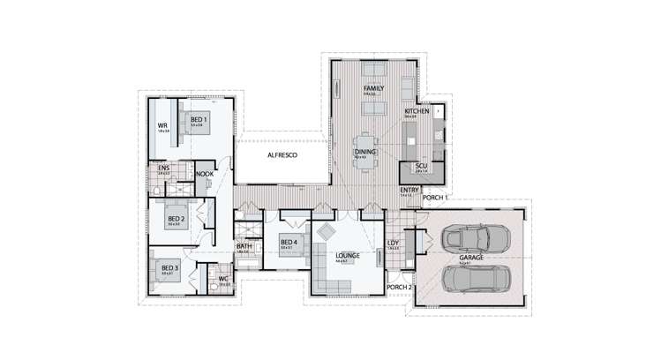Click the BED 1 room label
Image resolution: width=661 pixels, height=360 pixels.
pyautogui.click(x=199, y=119)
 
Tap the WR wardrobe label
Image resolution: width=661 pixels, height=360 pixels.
pyautogui.click(x=162, y=125)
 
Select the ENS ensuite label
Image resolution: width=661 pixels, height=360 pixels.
pyautogui.click(x=163, y=167)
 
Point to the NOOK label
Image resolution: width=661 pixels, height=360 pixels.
pyautogui.click(x=205, y=175)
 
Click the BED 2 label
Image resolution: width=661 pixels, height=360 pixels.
pyautogui.click(x=175, y=218)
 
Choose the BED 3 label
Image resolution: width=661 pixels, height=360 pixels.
pyautogui.click(x=169, y=267)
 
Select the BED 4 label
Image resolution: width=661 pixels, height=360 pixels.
pyautogui.click(x=289, y=243)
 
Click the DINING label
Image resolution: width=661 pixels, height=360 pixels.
pyautogui.click(x=365, y=152)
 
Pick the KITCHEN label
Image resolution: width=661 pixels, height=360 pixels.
pyautogui.click(x=417, y=112)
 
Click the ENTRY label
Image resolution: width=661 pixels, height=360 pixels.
pyautogui.click(x=409, y=190)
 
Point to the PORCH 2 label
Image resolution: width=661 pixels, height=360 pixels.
pyautogui.click(x=400, y=287)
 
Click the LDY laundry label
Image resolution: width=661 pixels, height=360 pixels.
pyautogui.click(x=394, y=244)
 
